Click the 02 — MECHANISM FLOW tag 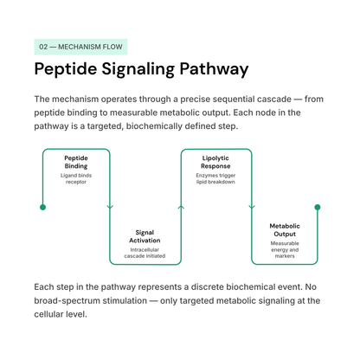tap(80, 47)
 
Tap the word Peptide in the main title tap(66, 69)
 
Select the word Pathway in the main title tap(214, 69)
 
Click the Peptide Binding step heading tap(76, 162)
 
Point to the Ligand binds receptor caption tap(76, 178)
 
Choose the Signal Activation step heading tap(145, 236)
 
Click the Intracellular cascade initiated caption tap(145, 253)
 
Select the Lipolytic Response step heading tap(215, 162)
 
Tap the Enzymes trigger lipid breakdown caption tap(215, 178)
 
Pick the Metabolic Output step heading tap(285, 230)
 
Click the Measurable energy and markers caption tap(285, 249)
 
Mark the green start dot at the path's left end tap(42, 207)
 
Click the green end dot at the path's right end tap(318, 207)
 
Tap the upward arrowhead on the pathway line tap(181, 207)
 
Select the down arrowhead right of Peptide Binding tap(110, 207)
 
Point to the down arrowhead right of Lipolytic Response tap(252, 207)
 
